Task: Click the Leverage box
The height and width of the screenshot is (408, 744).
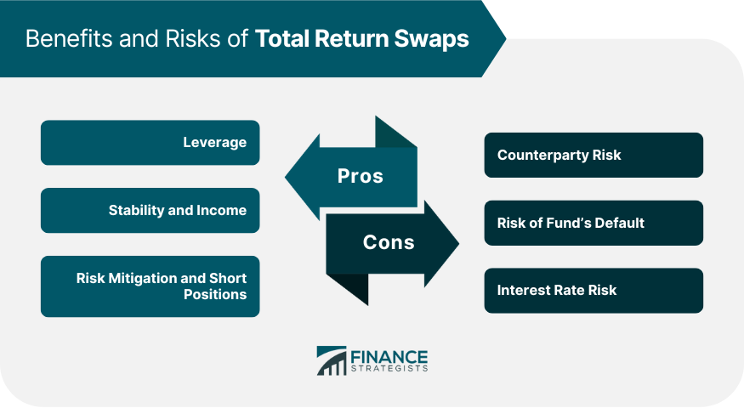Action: click(x=150, y=143)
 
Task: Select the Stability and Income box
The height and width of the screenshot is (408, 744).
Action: click(x=150, y=211)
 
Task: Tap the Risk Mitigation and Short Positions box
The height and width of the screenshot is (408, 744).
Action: click(x=150, y=286)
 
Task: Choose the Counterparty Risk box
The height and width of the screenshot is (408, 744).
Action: click(x=593, y=156)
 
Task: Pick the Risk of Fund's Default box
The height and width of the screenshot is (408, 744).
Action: click(x=593, y=223)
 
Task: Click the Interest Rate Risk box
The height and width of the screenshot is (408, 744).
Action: click(x=593, y=291)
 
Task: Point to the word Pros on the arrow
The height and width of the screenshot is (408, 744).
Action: click(x=361, y=176)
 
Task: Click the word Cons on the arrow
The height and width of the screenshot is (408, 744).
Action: click(x=389, y=242)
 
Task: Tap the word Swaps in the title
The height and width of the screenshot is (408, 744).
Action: click(x=431, y=39)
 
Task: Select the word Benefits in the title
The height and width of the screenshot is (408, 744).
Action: click(x=69, y=38)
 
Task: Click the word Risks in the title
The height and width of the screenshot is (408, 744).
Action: click(x=193, y=38)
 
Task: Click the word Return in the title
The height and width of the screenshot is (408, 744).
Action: click(x=351, y=38)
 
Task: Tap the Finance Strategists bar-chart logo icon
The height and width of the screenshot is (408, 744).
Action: click(x=332, y=360)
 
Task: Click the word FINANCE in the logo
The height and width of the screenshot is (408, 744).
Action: click(x=389, y=357)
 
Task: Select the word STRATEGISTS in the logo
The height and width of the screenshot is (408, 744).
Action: click(x=389, y=369)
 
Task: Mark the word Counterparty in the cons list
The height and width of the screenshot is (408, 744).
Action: click(x=537, y=156)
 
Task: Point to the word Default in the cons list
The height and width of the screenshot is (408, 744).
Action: click(x=619, y=223)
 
